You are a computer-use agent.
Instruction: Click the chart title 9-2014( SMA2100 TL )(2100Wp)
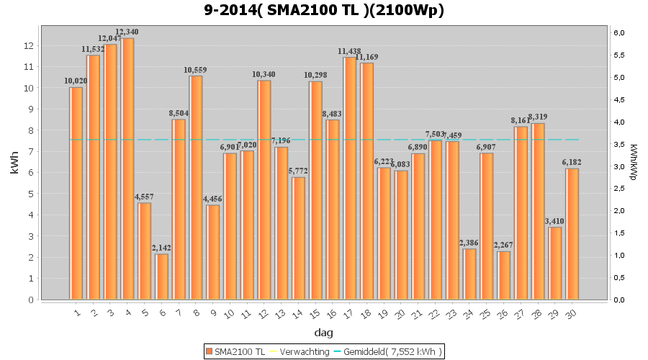(324, 10)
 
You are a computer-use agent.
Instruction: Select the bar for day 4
(127, 169)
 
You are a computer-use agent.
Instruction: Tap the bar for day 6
(161, 276)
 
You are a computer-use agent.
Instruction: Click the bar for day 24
(469, 274)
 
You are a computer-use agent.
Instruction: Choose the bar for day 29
(555, 263)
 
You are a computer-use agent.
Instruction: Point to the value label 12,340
(127, 32)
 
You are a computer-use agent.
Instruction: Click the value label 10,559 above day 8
(195, 70)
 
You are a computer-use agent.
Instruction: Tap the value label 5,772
(298, 171)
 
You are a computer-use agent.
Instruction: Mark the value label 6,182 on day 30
(572, 162)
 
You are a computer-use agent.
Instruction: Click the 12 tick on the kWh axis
(29, 45)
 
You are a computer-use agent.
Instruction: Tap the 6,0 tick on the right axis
(620, 32)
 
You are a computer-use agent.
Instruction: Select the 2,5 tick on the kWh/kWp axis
(620, 189)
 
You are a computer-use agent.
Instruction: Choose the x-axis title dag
(324, 333)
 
